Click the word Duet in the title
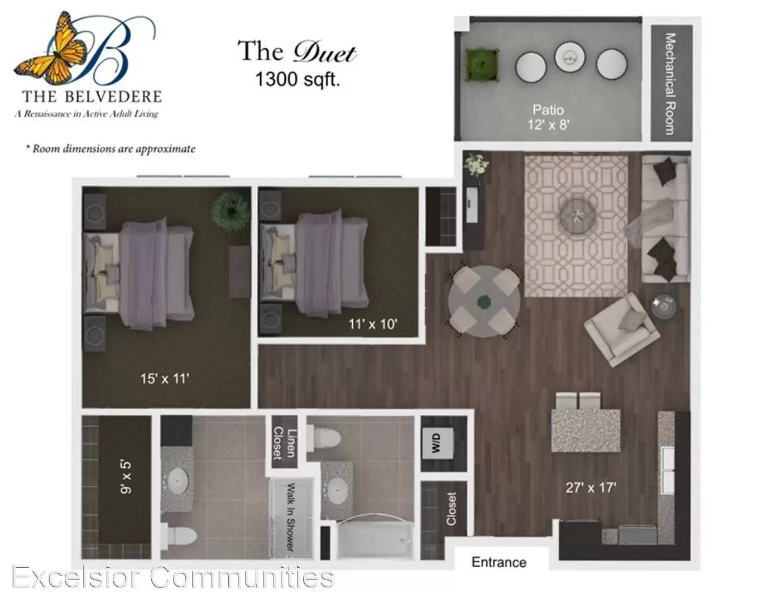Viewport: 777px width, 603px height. click(325, 53)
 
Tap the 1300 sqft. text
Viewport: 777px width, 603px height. click(297, 79)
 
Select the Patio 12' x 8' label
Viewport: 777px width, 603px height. click(548, 117)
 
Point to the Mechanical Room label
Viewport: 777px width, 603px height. click(670, 84)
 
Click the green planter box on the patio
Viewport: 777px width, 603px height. click(482, 64)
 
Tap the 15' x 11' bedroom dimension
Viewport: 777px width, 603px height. click(165, 379)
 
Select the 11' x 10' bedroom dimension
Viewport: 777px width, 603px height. click(373, 324)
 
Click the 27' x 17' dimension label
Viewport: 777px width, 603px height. click(591, 488)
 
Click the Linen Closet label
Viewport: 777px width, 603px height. click(284, 443)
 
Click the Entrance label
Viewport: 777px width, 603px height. click(499, 563)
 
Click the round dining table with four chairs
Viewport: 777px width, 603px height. click(484, 301)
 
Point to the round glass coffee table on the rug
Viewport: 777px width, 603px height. click(577, 216)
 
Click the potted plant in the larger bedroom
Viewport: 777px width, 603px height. click(231, 212)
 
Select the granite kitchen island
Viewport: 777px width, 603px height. click(586, 430)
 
